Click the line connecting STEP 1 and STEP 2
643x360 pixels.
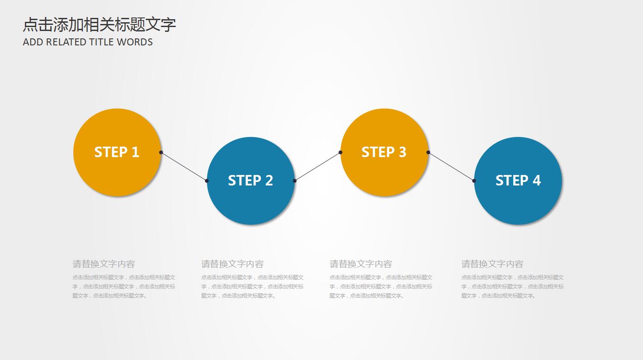(184, 166)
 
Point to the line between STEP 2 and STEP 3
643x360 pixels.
(317, 166)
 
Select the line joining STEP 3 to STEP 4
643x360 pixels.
(451, 166)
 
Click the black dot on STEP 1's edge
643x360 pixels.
(161, 152)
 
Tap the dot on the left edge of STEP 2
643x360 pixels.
(207, 181)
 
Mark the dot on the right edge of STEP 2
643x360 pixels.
(295, 181)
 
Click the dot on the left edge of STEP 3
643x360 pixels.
(340, 152)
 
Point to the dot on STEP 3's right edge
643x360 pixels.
(428, 152)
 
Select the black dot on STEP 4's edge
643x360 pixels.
(474, 181)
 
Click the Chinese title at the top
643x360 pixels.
(99, 24)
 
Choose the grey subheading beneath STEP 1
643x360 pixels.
(103, 264)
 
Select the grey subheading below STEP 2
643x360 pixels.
(232, 264)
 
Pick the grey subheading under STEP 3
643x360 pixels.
(361, 264)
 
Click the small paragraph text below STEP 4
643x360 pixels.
(512, 287)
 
